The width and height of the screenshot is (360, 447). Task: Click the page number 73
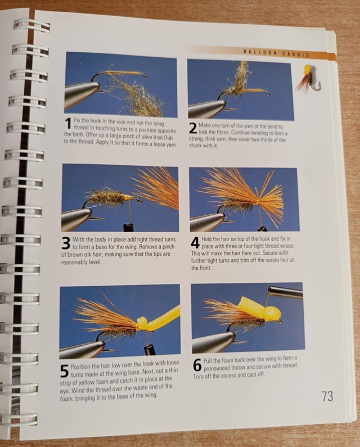tap(327, 396)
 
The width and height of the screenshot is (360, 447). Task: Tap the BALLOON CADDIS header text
tap(276, 53)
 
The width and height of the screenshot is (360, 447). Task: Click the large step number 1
tap(68, 124)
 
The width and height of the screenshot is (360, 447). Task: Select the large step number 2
tap(193, 128)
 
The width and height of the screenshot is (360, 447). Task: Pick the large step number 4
tap(195, 242)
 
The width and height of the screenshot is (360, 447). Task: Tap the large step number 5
tap(65, 371)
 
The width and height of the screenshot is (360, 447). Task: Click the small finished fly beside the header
tap(308, 79)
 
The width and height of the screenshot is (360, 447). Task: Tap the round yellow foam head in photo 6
tap(272, 314)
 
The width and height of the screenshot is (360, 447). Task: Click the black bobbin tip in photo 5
tap(150, 350)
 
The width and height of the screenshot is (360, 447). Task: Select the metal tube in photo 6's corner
tap(286, 292)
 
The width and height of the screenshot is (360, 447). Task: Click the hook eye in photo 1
tap(145, 76)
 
